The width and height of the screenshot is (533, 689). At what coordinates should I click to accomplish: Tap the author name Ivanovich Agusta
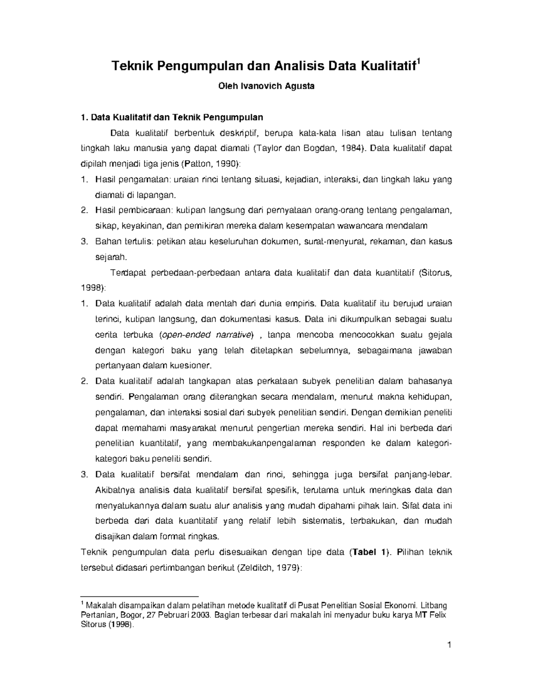(278, 86)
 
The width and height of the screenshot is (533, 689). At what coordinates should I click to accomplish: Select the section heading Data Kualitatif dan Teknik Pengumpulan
(176, 118)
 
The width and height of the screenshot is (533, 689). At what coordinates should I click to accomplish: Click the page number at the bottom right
(449, 645)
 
